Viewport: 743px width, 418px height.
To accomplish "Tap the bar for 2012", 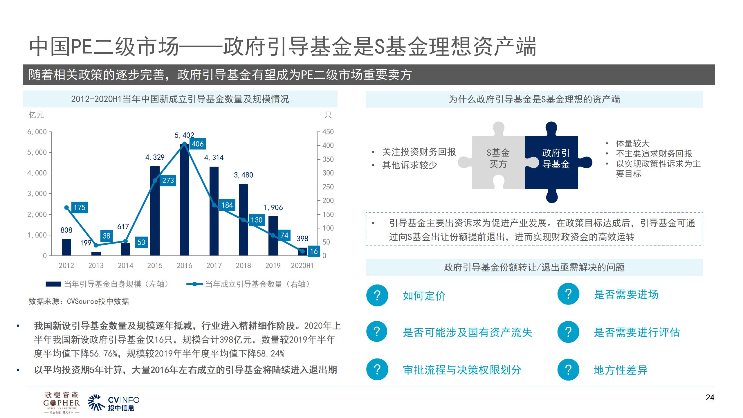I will click(x=66, y=247).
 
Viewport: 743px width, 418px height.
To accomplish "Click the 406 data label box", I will click(x=198, y=144).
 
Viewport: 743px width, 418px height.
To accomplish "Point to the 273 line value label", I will click(x=168, y=181).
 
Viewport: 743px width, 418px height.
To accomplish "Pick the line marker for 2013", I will click(x=96, y=245).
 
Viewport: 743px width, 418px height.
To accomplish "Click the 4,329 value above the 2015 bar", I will click(x=155, y=157).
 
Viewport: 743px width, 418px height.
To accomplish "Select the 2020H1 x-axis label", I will click(x=302, y=266).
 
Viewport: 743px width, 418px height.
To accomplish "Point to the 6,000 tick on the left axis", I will click(x=37, y=132).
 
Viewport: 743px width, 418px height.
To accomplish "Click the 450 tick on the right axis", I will click(x=328, y=132).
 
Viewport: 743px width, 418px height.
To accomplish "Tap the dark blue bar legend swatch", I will click(x=53, y=284).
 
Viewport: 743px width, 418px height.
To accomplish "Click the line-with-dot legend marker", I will click(x=194, y=284).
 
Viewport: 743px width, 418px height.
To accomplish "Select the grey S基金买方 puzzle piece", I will click(x=498, y=158).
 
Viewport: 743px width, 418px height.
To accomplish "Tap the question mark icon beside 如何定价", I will click(x=377, y=296).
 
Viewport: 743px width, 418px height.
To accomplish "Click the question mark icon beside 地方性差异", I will click(x=568, y=370).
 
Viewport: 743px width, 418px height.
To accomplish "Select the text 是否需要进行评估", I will click(x=637, y=332).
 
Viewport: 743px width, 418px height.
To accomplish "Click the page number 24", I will click(x=710, y=397).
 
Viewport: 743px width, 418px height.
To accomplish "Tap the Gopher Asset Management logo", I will click(x=62, y=402).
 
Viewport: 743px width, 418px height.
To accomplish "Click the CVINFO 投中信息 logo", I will click(x=114, y=403).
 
